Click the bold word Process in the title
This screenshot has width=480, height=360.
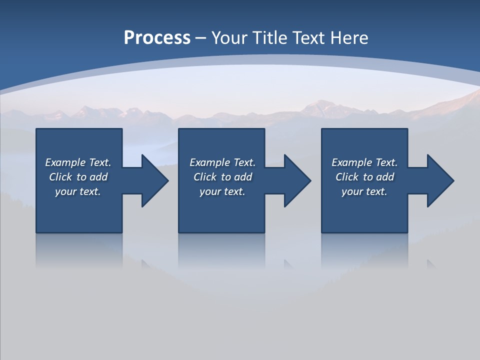157,38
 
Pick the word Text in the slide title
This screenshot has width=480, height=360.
309,38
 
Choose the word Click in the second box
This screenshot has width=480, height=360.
205,177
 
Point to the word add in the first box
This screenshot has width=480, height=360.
98,177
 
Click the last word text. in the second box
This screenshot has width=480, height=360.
233,191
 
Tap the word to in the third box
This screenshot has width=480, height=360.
368,177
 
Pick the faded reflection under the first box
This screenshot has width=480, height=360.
79,250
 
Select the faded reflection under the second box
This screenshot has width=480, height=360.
221,250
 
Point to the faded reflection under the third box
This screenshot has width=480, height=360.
364,250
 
